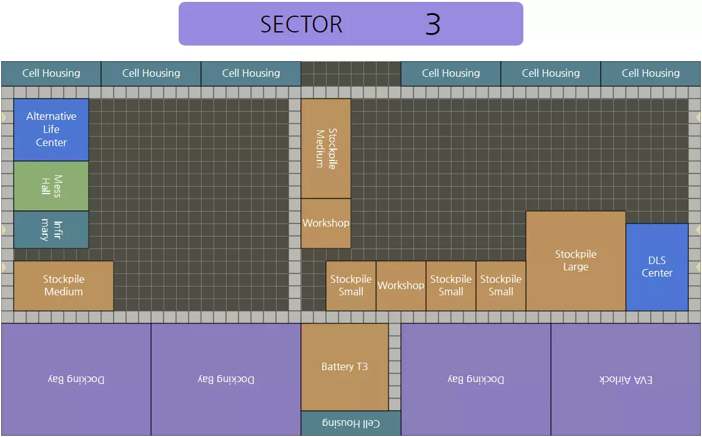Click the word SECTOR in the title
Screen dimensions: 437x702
(x=301, y=24)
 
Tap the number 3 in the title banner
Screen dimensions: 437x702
(x=433, y=24)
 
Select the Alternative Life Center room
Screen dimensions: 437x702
(x=51, y=129)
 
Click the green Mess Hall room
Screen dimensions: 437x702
(x=51, y=186)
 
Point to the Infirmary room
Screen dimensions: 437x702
(x=51, y=230)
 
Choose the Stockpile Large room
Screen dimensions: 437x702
(x=576, y=261)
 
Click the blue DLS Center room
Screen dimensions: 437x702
(x=657, y=267)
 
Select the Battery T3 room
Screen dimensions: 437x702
(x=345, y=367)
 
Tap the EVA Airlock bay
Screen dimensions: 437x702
(x=626, y=380)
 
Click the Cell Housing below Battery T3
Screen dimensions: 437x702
(x=351, y=423)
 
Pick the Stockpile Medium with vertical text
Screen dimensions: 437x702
(x=326, y=149)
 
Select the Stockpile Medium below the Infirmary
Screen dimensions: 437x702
(x=64, y=286)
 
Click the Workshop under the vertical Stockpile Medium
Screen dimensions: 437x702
(x=326, y=223)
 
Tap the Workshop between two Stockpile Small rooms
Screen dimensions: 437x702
(x=401, y=286)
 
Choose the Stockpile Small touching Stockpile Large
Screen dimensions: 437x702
(x=501, y=286)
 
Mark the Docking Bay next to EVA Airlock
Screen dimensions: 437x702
(x=476, y=380)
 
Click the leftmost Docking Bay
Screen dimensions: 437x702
(x=76, y=380)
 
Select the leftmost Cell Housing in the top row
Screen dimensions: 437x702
(x=51, y=74)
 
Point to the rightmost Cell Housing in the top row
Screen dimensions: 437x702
(x=651, y=74)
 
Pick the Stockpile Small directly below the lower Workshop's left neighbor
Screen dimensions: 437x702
(x=351, y=286)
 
